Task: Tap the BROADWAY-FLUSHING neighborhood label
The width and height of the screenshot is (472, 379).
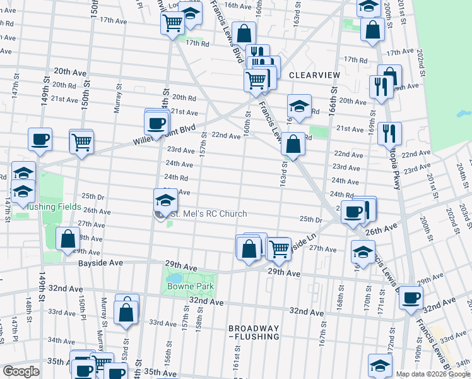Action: click(x=254, y=332)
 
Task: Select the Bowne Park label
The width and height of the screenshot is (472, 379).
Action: click(x=191, y=286)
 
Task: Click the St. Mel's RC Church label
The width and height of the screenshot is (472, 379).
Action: click(x=208, y=214)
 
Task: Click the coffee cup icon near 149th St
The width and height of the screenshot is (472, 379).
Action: click(x=40, y=139)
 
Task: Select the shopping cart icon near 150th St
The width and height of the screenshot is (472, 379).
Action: click(x=81, y=141)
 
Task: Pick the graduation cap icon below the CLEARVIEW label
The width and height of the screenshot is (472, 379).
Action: click(x=299, y=105)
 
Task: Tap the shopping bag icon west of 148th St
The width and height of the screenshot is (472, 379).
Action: click(x=67, y=239)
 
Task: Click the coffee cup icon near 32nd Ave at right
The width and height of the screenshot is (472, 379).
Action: click(x=411, y=298)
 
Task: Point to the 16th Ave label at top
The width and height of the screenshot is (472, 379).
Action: click(x=237, y=5)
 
